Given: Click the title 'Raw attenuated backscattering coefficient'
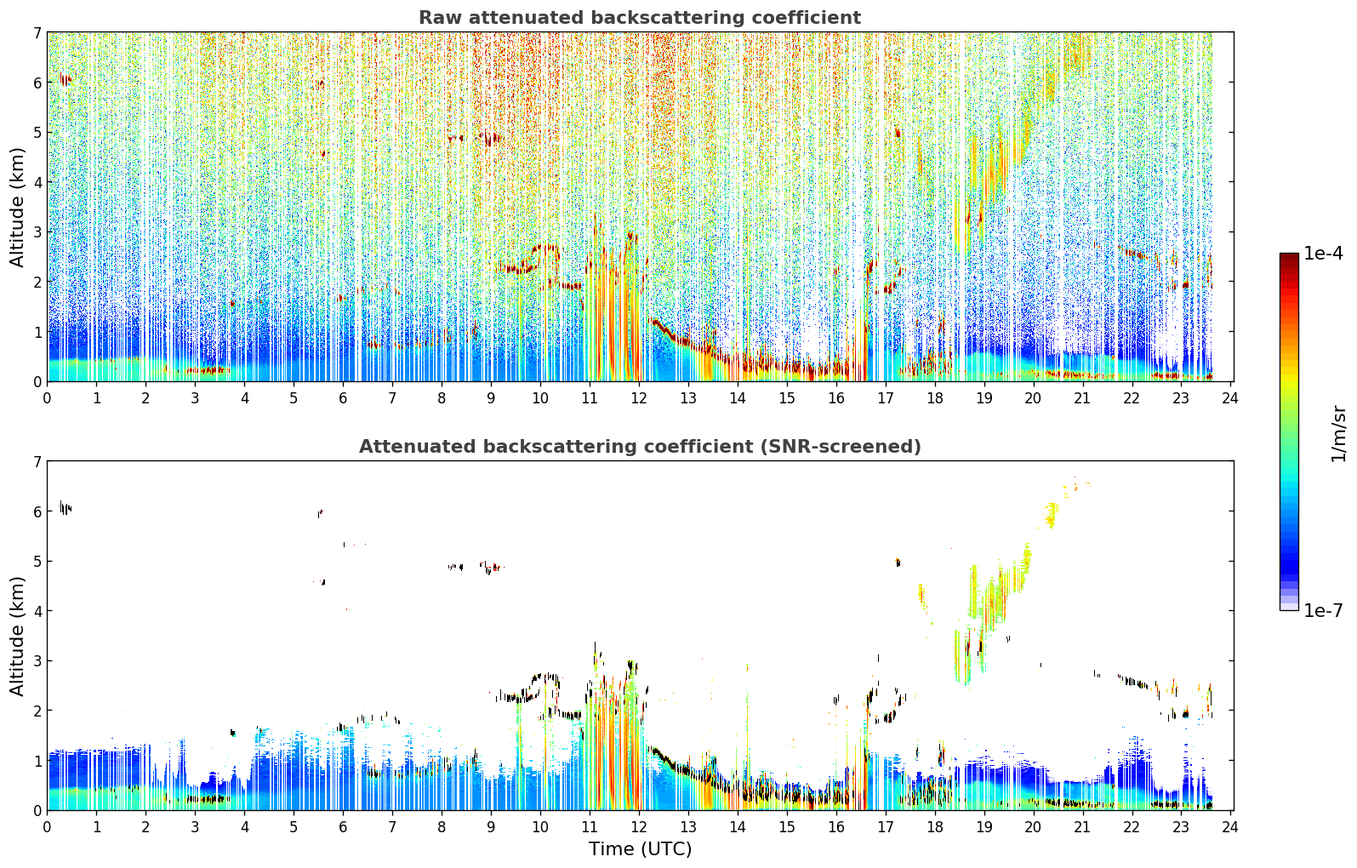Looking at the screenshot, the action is [640, 18].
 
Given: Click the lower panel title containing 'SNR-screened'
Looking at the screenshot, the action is [640, 447].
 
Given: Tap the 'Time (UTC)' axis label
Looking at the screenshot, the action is [640, 849].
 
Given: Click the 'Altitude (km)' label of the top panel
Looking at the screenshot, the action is [17, 208].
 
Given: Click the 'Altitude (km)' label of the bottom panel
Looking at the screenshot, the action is [17, 637].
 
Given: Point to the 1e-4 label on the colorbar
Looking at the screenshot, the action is [1323, 254].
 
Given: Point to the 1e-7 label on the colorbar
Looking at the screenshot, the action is [1323, 610].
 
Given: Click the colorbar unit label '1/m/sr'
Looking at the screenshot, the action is [1338, 434].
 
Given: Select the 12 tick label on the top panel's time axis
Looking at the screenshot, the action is [639, 398].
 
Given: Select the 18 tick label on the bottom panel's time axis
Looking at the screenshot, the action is [935, 827].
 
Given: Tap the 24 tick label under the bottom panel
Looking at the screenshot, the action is [1230, 827].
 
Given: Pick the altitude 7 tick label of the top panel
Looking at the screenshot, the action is [37, 32].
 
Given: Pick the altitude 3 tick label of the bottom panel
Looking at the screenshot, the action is [37, 660].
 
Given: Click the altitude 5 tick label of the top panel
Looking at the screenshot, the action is [37, 132].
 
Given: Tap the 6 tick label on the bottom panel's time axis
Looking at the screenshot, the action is [343, 827].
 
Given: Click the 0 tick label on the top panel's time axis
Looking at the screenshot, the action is [48, 398].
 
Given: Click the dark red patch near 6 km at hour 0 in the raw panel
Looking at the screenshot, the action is [65, 79].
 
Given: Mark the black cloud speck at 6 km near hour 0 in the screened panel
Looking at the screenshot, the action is [65, 508].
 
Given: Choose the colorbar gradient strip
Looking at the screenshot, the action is [1289, 431].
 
